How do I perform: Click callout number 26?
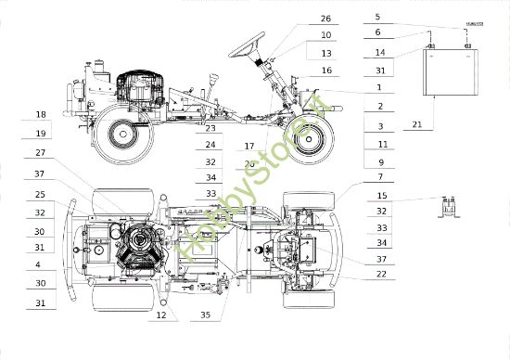tap(325, 19)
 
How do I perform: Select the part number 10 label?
tap(325, 35)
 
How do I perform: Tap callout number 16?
tap(325, 71)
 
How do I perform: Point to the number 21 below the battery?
tap(417, 124)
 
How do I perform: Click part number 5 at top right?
tap(377, 17)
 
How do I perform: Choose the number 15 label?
tap(381, 196)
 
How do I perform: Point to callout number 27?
tap(40, 152)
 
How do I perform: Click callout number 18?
tap(40, 115)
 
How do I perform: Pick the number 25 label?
tap(40, 195)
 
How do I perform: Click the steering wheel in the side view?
tap(249, 43)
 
